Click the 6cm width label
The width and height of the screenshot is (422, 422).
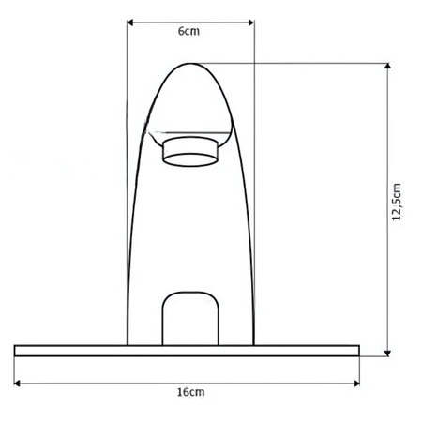click(188, 31)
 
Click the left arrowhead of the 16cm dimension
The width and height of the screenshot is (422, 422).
click(19, 383)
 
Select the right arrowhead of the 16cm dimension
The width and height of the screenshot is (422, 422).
click(356, 383)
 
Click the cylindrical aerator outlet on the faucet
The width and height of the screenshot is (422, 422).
click(190, 151)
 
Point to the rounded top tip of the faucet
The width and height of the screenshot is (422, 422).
click(192, 66)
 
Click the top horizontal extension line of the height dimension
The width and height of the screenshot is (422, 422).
click(300, 63)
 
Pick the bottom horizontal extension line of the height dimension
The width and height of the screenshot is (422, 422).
click(375, 355)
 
